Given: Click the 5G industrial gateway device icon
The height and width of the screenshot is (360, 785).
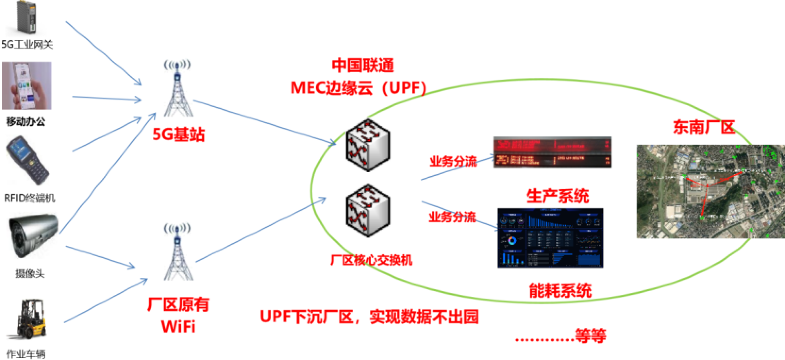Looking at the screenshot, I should [x=26, y=18].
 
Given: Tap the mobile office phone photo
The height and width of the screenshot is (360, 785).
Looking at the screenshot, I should [x=26, y=86].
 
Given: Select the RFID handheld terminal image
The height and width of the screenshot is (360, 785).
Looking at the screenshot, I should [x=27, y=160].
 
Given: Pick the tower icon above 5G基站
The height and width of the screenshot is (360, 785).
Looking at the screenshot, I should [x=177, y=89].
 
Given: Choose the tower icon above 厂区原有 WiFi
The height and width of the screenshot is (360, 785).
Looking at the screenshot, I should [x=177, y=252].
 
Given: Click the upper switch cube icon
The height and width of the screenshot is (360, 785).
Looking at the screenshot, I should [x=367, y=145].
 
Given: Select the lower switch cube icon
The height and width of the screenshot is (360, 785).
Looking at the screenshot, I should [x=367, y=210].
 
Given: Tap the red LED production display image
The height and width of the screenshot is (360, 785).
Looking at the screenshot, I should [x=552, y=152].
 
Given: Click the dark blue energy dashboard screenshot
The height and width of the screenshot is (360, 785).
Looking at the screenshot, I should [x=551, y=238].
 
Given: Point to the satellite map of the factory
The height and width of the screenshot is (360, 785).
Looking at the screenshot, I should [x=710, y=192].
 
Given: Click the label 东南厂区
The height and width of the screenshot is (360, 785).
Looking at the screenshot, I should [x=703, y=127].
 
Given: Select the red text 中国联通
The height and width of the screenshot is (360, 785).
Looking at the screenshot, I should [x=362, y=66].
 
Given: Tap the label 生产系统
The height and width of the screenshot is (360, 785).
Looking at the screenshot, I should [x=558, y=196].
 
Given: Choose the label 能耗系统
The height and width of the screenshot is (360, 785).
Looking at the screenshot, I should [x=560, y=290].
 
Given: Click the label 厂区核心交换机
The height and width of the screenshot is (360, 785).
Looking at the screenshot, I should [x=371, y=260].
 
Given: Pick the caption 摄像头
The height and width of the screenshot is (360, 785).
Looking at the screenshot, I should [x=30, y=274].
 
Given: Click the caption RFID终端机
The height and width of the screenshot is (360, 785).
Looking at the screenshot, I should [x=29, y=198].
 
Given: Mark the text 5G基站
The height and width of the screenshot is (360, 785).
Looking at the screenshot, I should [x=178, y=134].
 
